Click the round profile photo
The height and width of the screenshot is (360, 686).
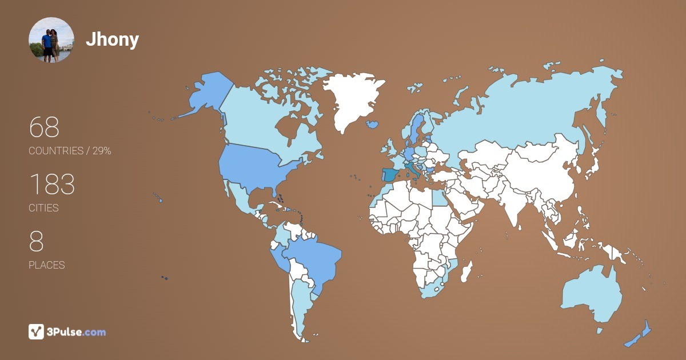tap(51, 40)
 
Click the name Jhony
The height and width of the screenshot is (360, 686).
tap(112, 39)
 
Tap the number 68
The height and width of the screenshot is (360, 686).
tap(44, 127)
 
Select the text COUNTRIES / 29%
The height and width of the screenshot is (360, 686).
tap(70, 151)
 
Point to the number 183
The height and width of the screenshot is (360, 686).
tap(51, 185)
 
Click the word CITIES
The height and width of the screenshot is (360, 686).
tap(43, 208)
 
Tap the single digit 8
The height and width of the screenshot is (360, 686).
tap(36, 242)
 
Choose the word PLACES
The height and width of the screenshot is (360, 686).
tap(46, 265)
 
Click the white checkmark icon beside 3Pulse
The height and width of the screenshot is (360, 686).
tap(36, 331)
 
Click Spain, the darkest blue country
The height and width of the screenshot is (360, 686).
tap(391, 175)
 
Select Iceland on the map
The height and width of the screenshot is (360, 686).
tap(373, 124)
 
